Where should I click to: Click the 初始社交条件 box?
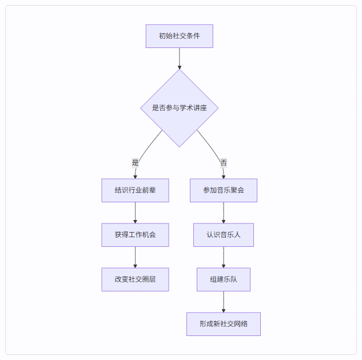click(180, 36)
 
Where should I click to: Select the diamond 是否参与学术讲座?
click(180, 108)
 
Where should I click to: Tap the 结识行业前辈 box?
click(136, 190)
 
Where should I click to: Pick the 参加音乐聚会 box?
click(224, 190)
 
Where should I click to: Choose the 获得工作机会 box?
click(136, 235)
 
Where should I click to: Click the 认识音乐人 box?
click(224, 235)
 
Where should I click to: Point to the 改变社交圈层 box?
click(136, 279)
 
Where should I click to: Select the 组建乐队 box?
click(224, 279)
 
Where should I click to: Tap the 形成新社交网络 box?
click(224, 324)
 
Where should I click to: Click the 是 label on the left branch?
click(136, 163)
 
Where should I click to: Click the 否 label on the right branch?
click(224, 163)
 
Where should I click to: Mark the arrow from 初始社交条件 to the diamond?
click(180, 59)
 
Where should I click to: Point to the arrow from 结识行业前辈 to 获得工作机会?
click(136, 213)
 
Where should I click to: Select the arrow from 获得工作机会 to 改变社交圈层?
click(136, 257)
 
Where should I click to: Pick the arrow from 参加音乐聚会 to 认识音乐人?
click(224, 213)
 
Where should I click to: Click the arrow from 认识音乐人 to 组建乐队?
click(224, 257)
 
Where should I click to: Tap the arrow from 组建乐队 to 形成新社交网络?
click(224, 302)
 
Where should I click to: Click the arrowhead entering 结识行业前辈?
click(136, 177)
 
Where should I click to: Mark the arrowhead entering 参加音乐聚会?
click(224, 177)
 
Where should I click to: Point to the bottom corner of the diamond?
click(180, 147)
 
